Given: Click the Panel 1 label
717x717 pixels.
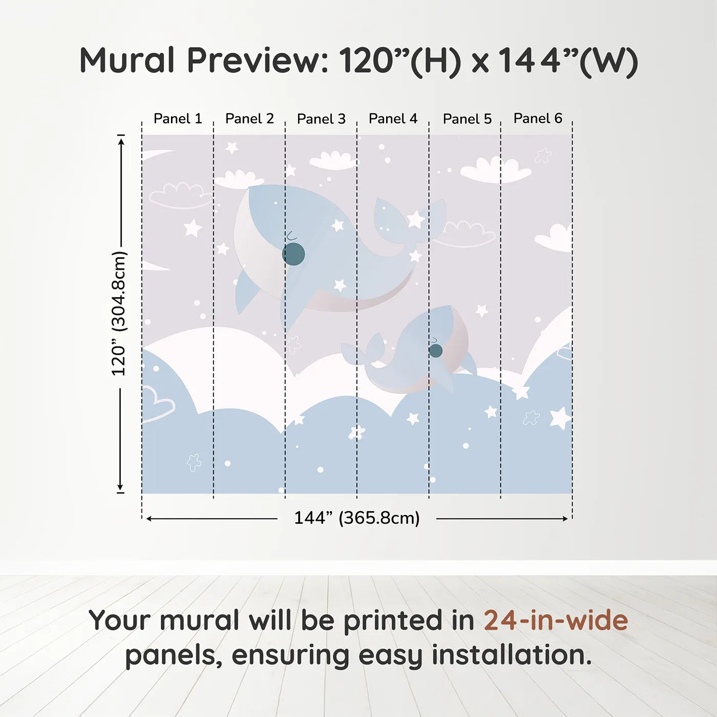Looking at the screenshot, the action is pos(178,119).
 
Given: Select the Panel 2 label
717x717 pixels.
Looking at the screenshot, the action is pos(249,119).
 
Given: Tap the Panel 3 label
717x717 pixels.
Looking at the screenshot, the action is pos(322,119).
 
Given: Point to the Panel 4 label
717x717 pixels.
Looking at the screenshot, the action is pos(393,119).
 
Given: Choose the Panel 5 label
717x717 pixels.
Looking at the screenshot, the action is pos(468,119).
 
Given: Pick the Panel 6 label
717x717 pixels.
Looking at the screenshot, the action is pos(538,118).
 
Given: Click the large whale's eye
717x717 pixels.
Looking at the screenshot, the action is pos(293,254).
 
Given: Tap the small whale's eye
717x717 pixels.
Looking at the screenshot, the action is pos(436,350).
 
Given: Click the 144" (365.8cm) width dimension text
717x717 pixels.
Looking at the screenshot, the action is pos(357,518).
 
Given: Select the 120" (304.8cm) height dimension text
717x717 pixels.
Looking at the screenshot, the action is pos(119,313).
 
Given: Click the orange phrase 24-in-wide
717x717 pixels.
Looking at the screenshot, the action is pos(556,620).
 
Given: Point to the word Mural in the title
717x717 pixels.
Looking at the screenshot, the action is pos(127,60).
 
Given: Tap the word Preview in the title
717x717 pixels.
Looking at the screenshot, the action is pos(258,60).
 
